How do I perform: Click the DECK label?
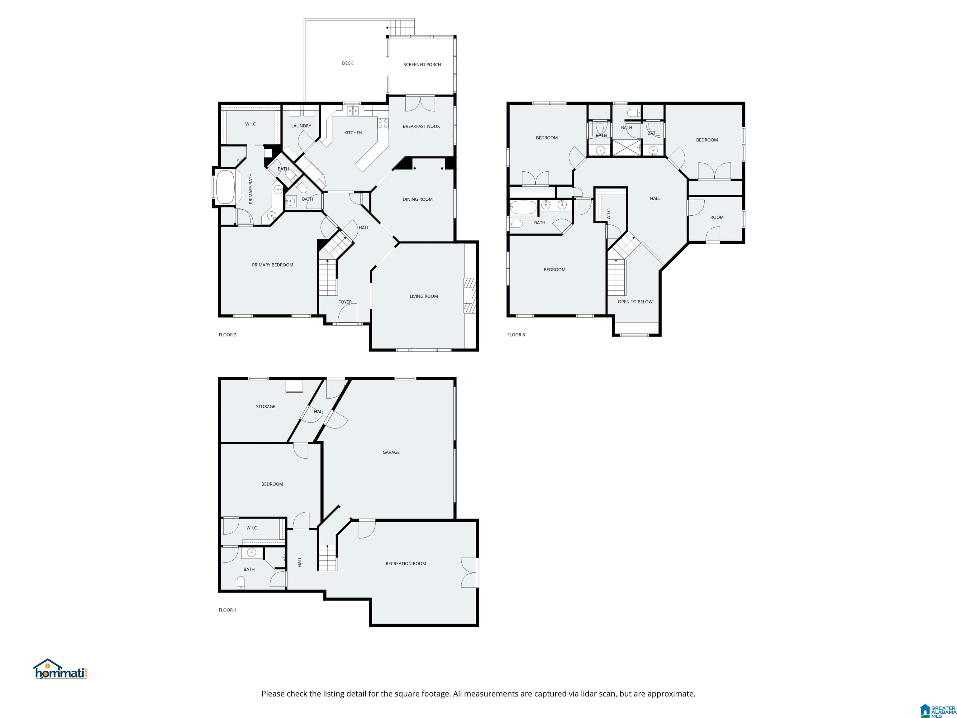(x=347, y=63)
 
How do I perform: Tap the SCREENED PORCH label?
(x=422, y=65)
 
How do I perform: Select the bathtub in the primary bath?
(x=225, y=187)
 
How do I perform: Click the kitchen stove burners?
(x=383, y=124)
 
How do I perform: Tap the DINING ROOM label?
(x=417, y=199)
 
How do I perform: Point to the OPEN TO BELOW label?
(x=635, y=302)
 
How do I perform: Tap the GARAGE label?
(x=391, y=452)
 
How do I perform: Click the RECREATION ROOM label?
(x=406, y=563)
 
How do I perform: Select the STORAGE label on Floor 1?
(x=266, y=406)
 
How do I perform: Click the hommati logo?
(x=61, y=669)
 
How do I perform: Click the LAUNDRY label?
(x=301, y=126)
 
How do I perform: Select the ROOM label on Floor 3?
(x=717, y=217)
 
